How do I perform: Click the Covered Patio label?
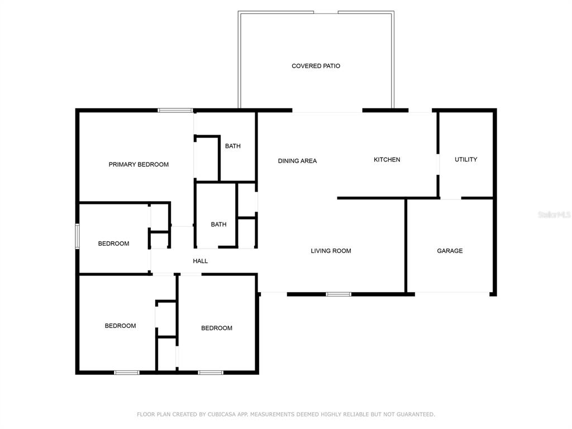pos(316,66)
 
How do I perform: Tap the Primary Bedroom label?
pos(139,165)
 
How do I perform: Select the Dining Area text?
pos(297,161)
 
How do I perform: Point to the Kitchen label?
pos(387,159)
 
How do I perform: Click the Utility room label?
pos(466,159)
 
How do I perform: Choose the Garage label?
pos(450,251)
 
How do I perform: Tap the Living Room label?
pos(331,251)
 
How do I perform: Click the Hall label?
pos(201,261)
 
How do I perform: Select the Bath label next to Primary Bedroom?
pos(233,146)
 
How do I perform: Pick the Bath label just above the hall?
pos(218,225)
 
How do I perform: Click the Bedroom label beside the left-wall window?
pos(113,244)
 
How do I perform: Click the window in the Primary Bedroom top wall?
pos(175,110)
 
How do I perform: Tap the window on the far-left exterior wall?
pos(77,236)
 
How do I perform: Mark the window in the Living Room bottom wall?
pos(339,294)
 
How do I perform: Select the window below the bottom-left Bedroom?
pos(127,373)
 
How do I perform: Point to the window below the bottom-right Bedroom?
pos(211,373)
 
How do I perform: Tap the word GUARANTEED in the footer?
pos(416,414)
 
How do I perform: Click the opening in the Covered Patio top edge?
pos(326,12)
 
